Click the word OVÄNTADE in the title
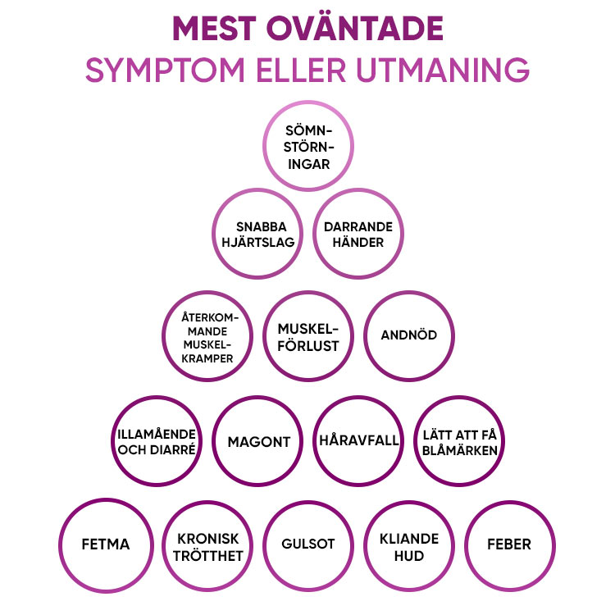point(355,28)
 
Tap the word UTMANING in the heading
point(443,71)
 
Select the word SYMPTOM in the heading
point(165,71)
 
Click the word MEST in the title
point(214,28)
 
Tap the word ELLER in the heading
point(301,71)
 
